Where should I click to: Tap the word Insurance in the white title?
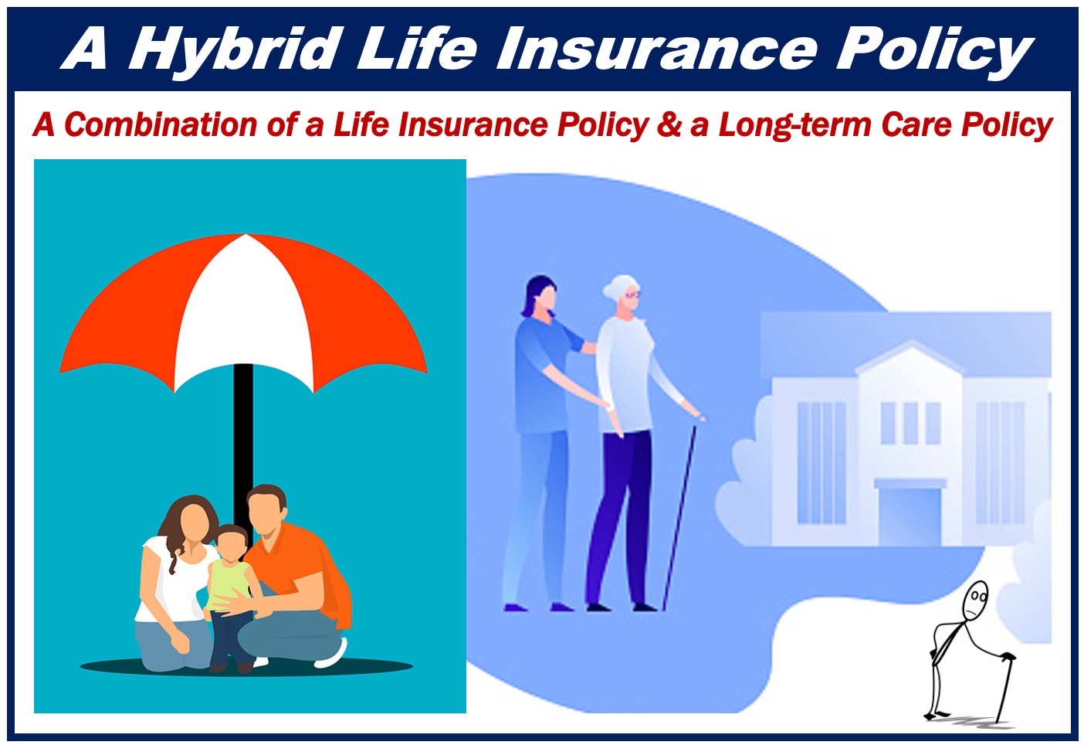click(658, 48)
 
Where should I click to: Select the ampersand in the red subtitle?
click(669, 124)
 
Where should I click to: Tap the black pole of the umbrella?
click(243, 436)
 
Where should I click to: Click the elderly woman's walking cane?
click(680, 516)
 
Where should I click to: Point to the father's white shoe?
click(331, 654)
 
